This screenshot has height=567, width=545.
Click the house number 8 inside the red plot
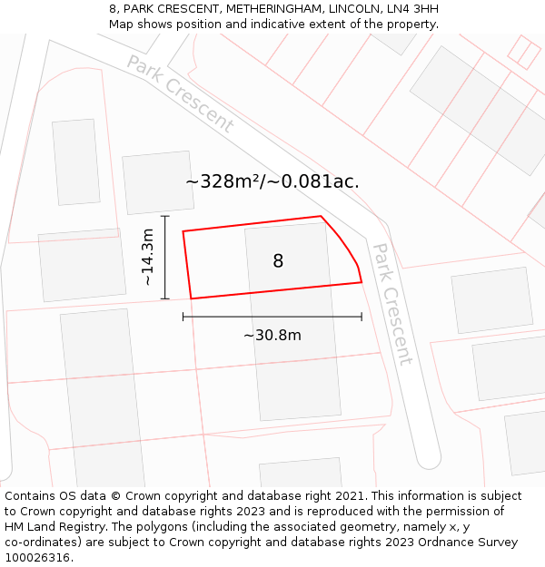[278, 261]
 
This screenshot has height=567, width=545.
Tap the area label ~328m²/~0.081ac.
[272, 181]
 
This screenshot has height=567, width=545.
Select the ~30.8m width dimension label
[272, 336]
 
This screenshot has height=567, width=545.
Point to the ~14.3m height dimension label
[147, 258]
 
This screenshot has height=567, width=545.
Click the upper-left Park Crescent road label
[180, 94]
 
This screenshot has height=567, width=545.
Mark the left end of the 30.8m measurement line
[183, 317]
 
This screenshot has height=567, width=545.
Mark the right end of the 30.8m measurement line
[362, 317]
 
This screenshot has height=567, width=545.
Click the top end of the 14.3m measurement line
[164, 217]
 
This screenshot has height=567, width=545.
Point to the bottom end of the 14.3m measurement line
[164, 298]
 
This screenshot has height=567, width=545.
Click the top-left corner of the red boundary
[183, 231]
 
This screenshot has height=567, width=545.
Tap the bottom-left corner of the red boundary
[191, 298]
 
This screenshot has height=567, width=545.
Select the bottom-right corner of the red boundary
[362, 282]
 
